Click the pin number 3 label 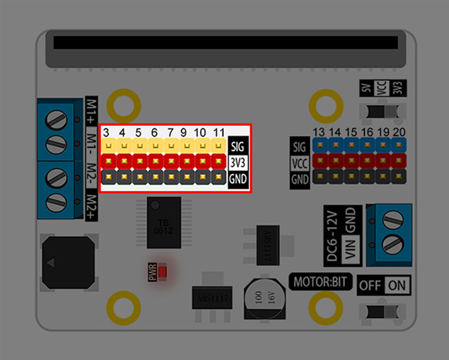point(106,132)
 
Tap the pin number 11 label point(219,132)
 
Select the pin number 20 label point(399,132)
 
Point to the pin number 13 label point(319,132)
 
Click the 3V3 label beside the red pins point(238,163)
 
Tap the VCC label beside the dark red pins point(300,163)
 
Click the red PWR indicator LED point(163,272)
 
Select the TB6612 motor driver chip point(164,222)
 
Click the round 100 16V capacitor point(265,298)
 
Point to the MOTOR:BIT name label point(320,282)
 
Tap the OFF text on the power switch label point(370,285)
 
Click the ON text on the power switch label point(397,285)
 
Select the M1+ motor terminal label point(91,111)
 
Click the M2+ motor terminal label point(91,207)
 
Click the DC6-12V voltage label point(332,236)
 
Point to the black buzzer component point(68,263)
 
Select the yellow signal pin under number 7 point(171,146)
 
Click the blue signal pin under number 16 point(367,145)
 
